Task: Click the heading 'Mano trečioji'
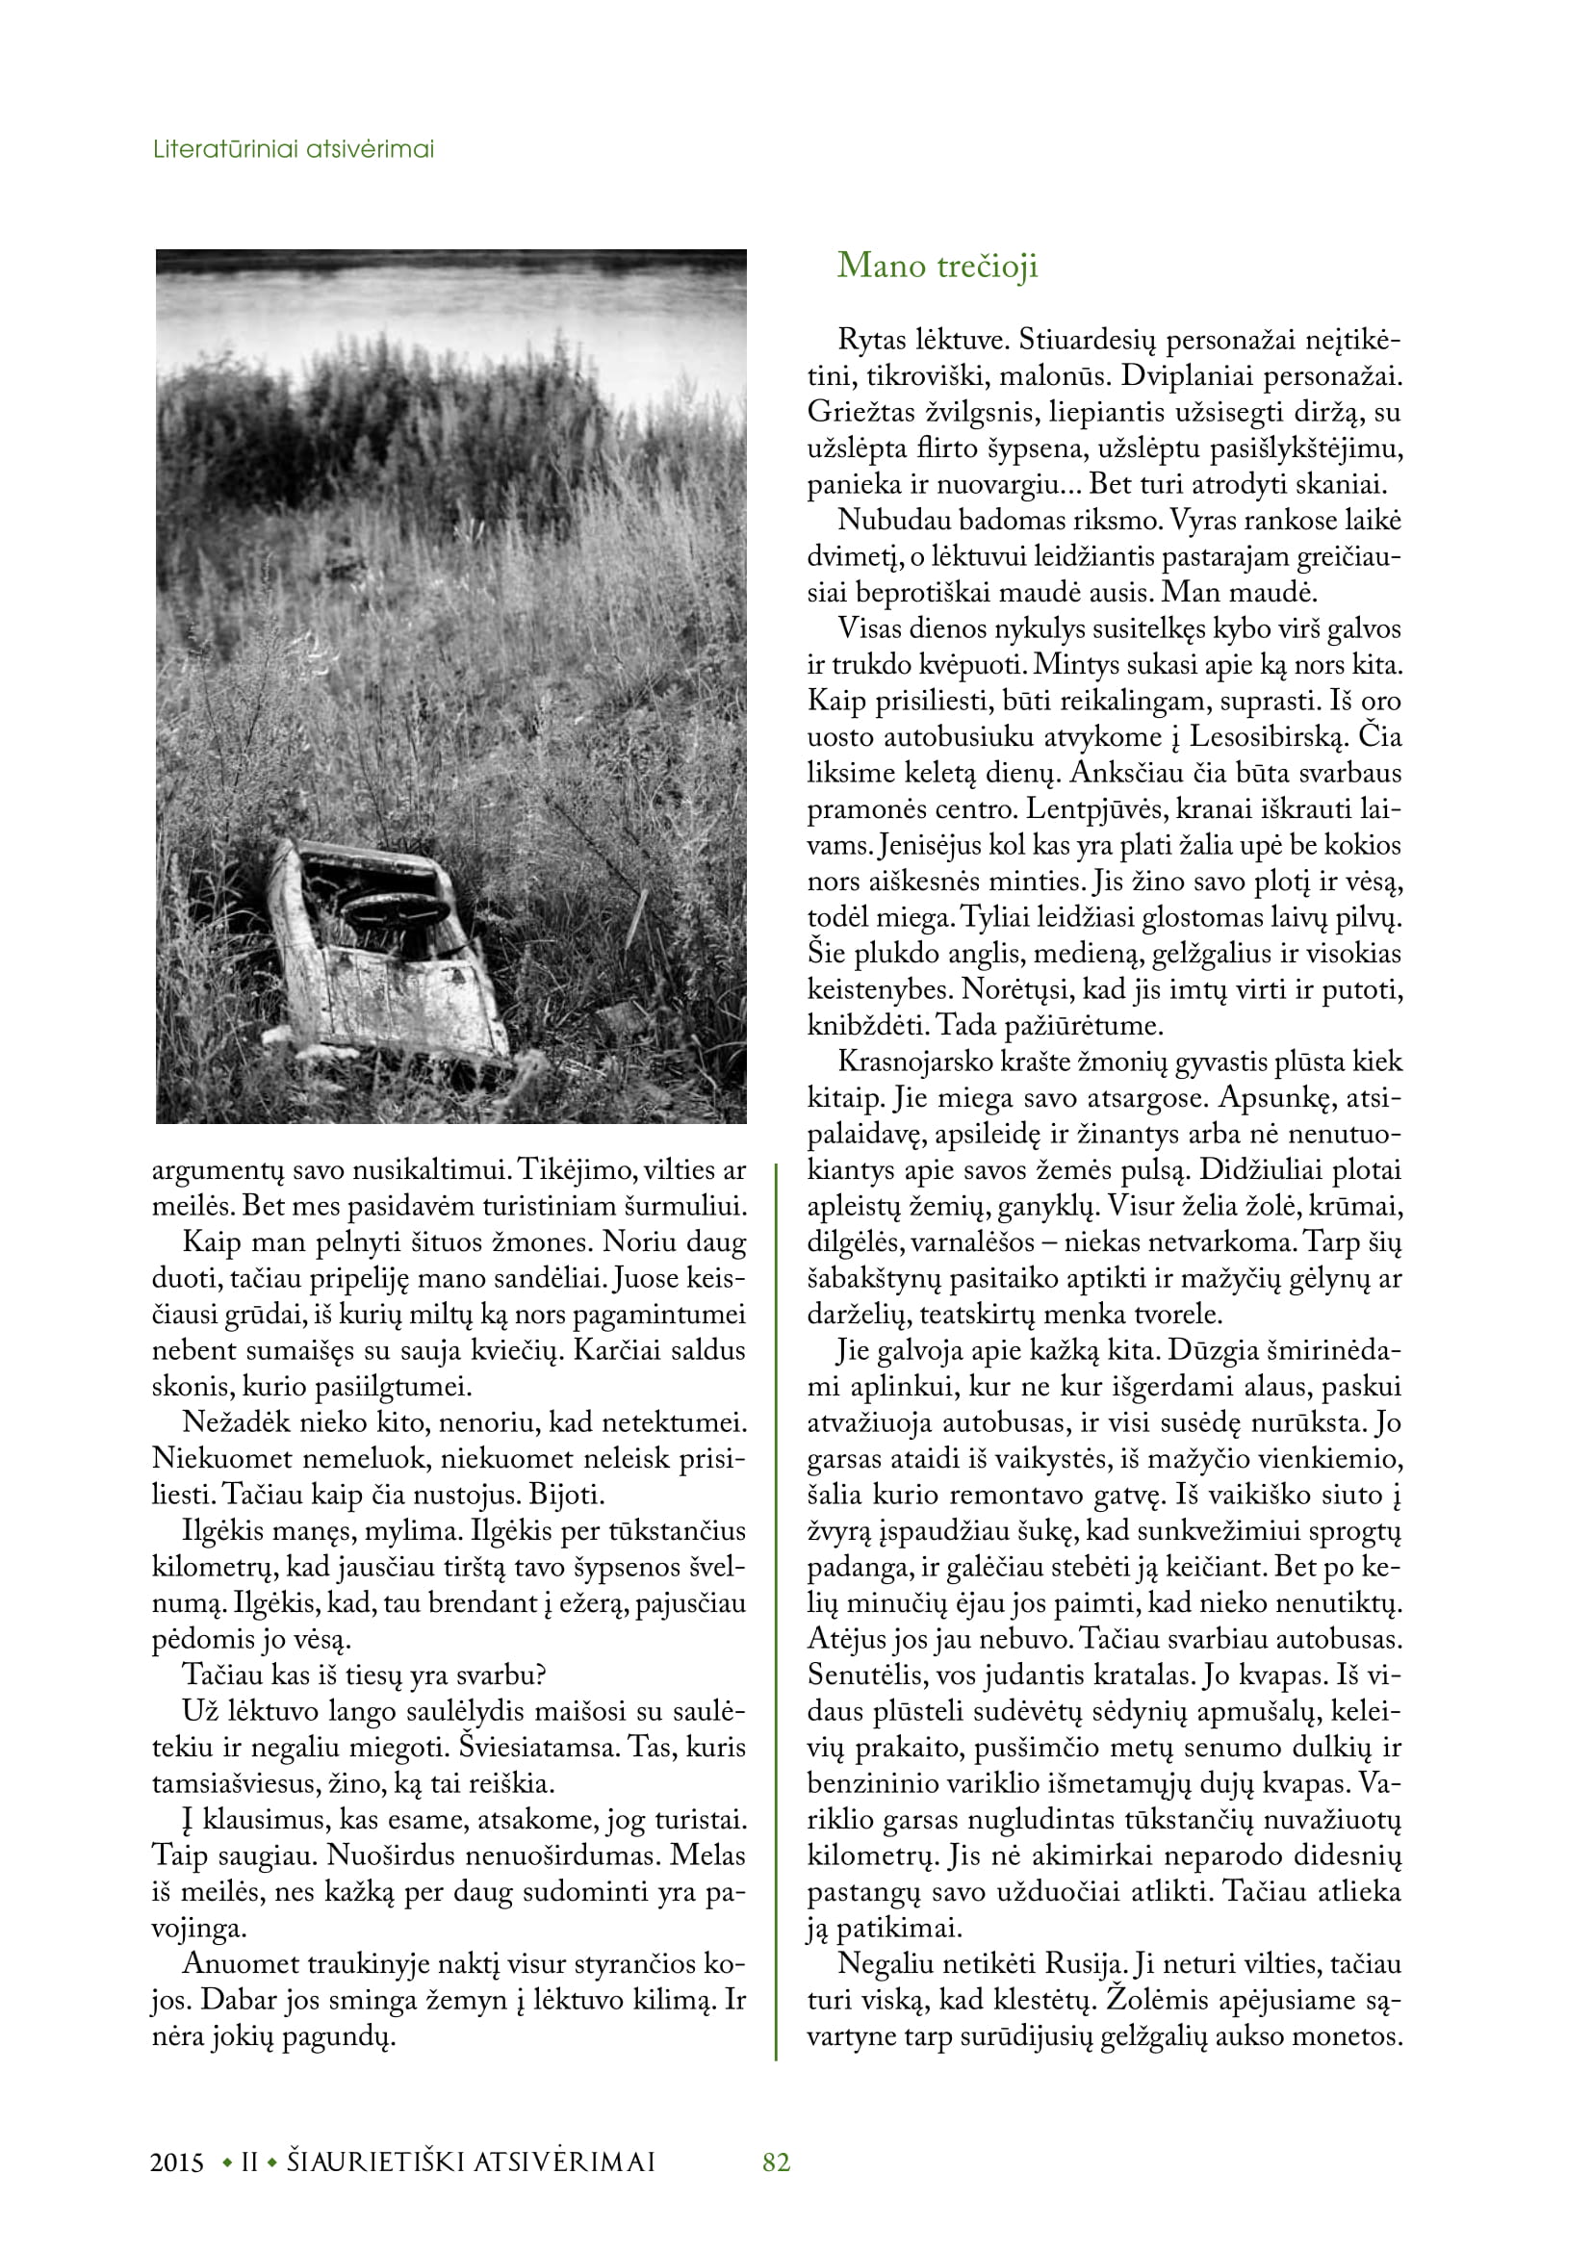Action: click(x=937, y=267)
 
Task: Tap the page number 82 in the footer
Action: click(x=777, y=2162)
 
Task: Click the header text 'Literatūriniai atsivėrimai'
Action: click(x=295, y=150)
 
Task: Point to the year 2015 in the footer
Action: click(x=177, y=2163)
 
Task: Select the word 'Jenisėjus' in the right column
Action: click(x=923, y=845)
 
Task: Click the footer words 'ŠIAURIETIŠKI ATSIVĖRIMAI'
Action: click(x=471, y=2163)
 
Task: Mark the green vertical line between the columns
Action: click(x=777, y=1608)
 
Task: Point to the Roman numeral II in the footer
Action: click(x=249, y=2163)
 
